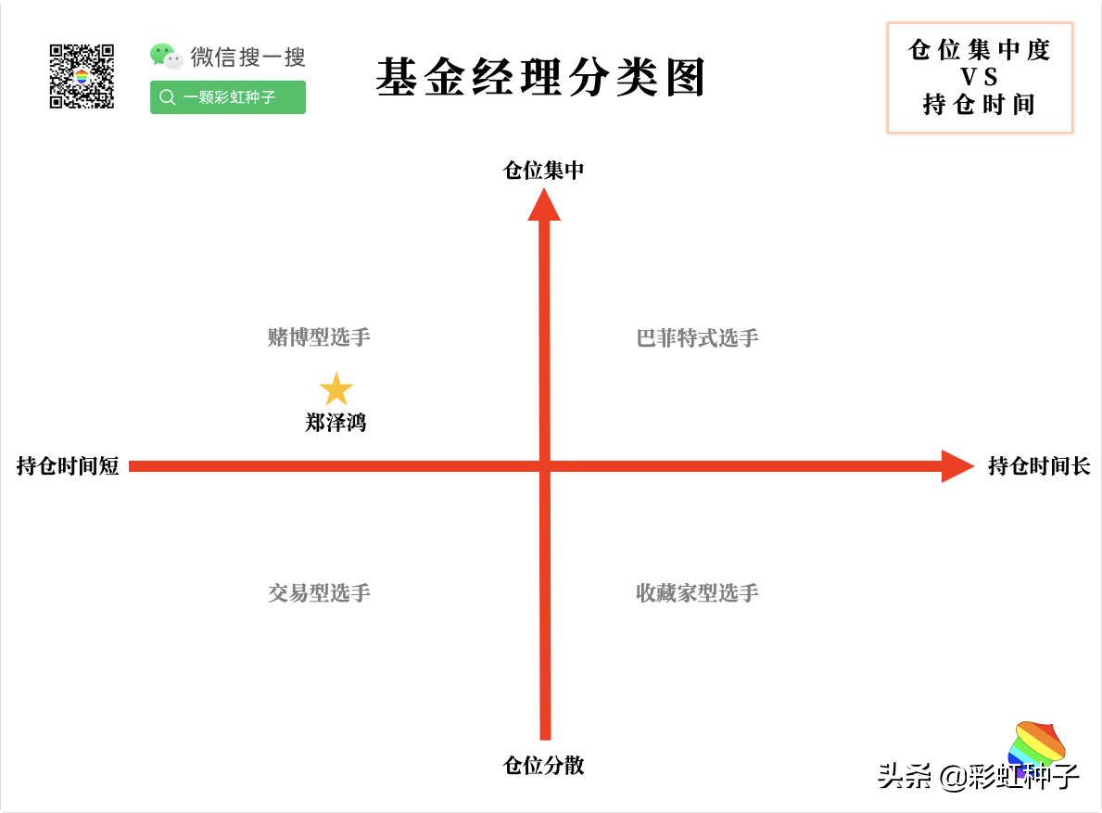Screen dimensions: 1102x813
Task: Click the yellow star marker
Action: tap(336, 389)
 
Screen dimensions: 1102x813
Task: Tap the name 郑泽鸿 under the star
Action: tap(336, 423)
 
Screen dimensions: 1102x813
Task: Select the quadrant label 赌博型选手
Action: tap(319, 337)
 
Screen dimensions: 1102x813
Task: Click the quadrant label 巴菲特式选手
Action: tap(697, 338)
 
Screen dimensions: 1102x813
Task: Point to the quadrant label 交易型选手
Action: tap(319, 593)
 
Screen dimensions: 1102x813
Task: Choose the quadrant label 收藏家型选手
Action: tap(697, 593)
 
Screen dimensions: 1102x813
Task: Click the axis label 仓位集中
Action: tap(543, 170)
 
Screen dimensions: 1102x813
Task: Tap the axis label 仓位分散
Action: tap(543, 765)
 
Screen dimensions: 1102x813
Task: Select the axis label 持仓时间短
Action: tap(69, 466)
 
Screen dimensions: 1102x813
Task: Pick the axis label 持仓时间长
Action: tap(1039, 466)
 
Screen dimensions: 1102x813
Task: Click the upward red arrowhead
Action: tap(544, 205)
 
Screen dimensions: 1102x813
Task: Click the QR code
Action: tap(82, 77)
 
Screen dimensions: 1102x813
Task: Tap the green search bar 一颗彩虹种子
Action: tap(228, 97)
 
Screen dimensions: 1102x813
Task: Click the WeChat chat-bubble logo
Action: tap(166, 57)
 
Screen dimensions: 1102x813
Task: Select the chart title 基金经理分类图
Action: tap(540, 77)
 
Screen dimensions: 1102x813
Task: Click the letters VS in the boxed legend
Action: tap(979, 77)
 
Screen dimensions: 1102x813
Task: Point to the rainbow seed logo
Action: tap(1036, 744)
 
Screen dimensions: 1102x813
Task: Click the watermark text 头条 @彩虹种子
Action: tap(979, 776)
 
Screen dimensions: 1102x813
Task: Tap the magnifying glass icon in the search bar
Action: tap(167, 97)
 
